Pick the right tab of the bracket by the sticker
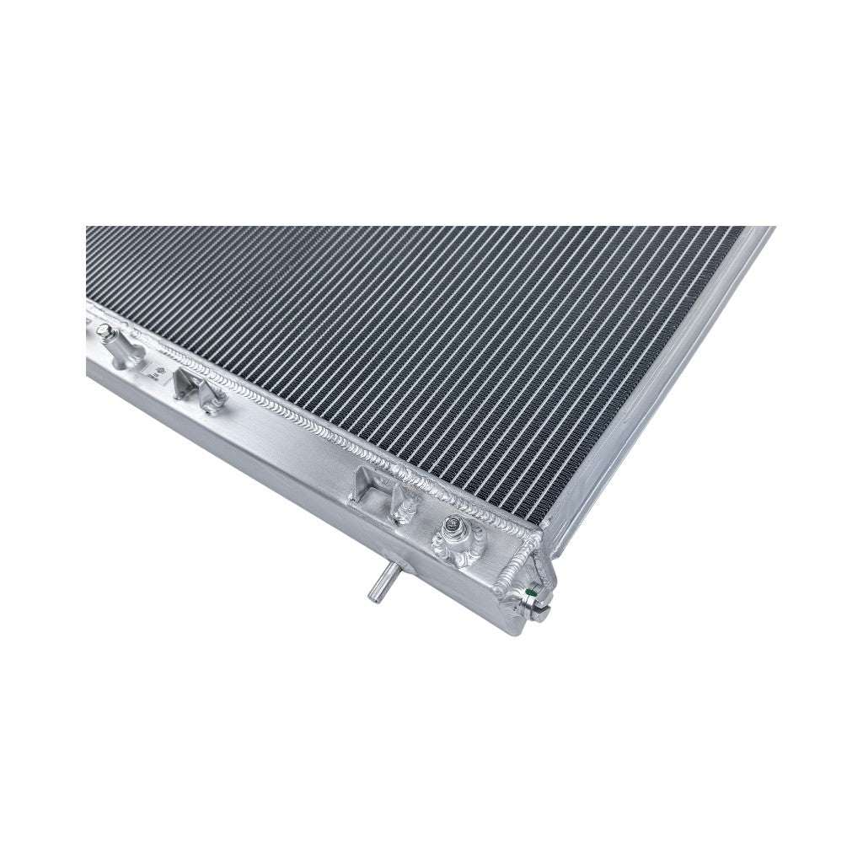pyautogui.click(x=212, y=399)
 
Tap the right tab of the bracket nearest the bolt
pyautogui.click(x=403, y=506)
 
